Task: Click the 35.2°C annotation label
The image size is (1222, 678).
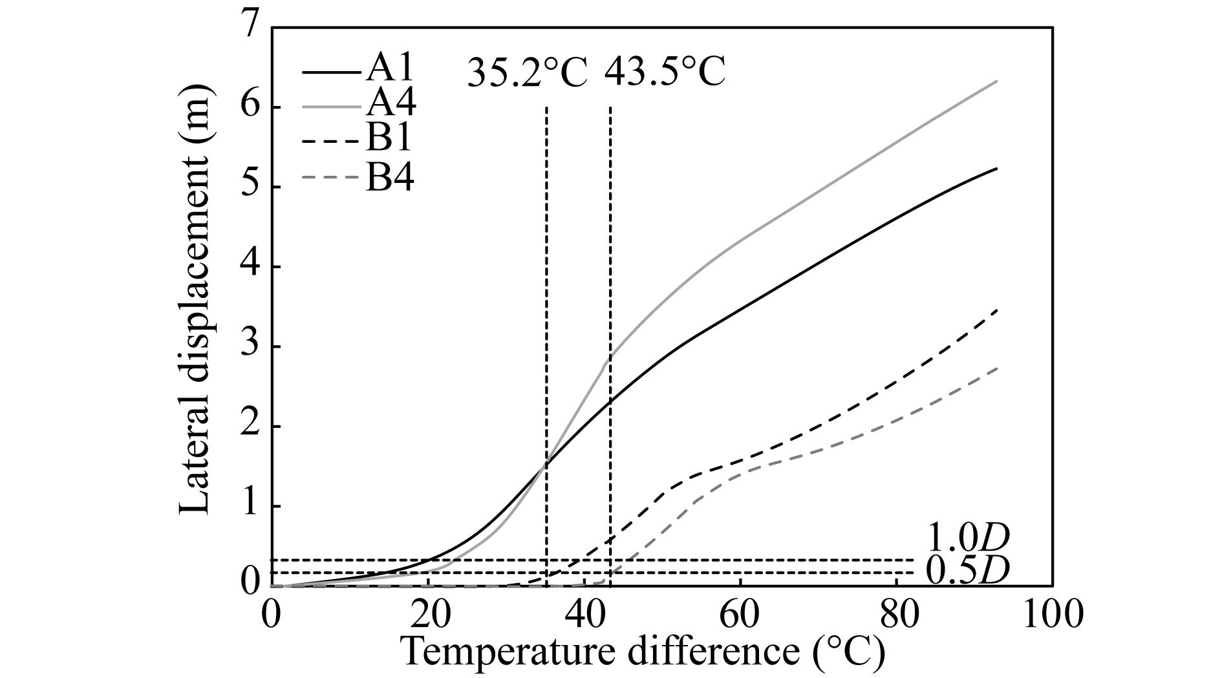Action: (527, 72)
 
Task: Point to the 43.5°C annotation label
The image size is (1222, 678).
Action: (665, 72)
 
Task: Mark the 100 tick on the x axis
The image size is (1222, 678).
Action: (1053, 613)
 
